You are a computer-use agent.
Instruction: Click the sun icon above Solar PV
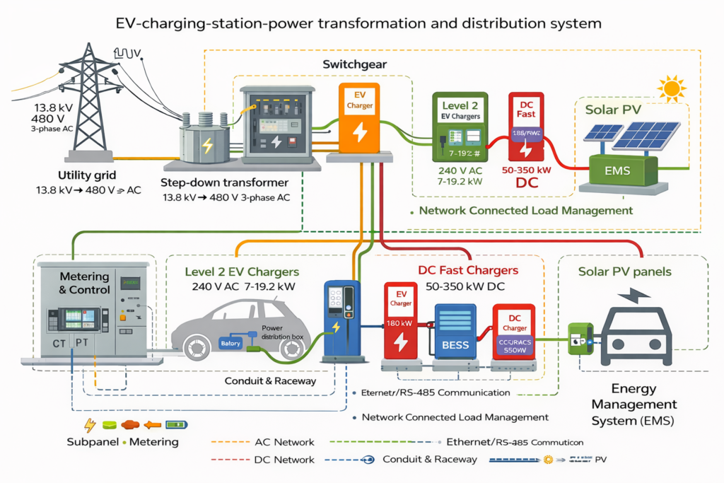671,89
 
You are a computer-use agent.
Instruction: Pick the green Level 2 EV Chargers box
460,127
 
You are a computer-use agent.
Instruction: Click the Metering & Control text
85,283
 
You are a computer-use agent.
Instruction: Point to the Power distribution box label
282,332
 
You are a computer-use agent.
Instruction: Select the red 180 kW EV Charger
400,322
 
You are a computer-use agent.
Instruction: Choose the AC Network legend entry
284,442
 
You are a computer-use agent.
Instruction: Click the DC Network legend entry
284,460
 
